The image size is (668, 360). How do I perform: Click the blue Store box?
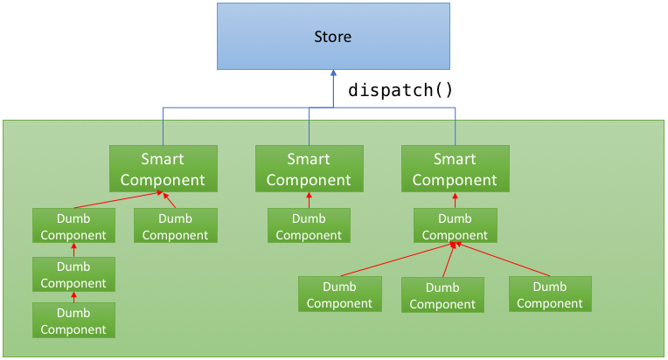click(x=333, y=36)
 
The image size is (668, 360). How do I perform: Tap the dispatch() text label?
click(x=400, y=90)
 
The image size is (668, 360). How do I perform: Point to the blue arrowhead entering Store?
click(x=333, y=73)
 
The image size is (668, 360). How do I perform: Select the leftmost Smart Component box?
click(x=164, y=169)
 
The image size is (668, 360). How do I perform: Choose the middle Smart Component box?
click(x=310, y=169)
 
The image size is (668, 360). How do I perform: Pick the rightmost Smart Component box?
click(x=455, y=169)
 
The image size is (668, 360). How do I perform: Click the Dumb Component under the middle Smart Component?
click(x=309, y=225)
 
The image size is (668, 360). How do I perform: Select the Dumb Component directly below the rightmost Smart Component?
click(x=455, y=225)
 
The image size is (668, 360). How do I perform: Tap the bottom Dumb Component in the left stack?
click(x=73, y=321)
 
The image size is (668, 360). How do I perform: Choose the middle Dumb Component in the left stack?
click(x=73, y=274)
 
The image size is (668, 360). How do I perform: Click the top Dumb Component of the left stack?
click(x=73, y=225)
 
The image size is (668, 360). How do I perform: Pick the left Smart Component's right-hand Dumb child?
click(x=176, y=225)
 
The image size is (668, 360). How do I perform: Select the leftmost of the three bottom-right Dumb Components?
click(x=340, y=294)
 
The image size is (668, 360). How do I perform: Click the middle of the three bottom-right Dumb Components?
click(x=442, y=294)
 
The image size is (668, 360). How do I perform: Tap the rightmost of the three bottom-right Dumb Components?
click(x=550, y=294)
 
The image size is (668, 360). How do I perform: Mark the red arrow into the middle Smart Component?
click(x=309, y=200)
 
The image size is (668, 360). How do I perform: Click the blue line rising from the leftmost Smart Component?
click(x=164, y=127)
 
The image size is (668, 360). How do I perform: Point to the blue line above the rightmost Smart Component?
click(x=455, y=127)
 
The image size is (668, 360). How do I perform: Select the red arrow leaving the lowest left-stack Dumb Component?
click(x=73, y=297)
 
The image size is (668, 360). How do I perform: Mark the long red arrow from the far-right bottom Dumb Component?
click(x=503, y=260)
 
